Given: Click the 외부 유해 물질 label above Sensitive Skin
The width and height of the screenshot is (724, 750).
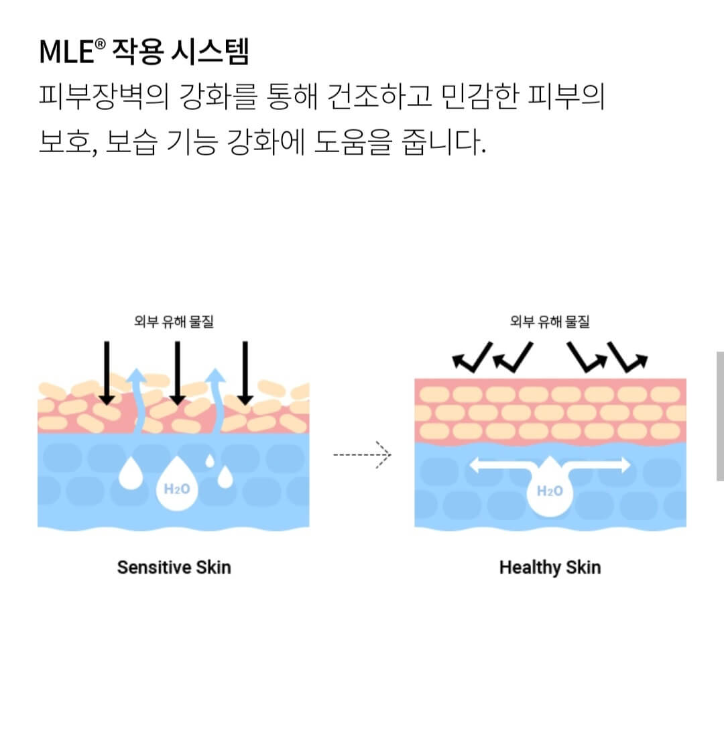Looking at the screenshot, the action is click(x=174, y=322).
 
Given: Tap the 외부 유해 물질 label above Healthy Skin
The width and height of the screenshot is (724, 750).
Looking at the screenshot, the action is click(x=550, y=322).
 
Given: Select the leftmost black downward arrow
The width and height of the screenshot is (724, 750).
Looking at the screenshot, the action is click(x=106, y=373).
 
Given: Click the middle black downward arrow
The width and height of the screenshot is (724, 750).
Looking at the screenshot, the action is click(x=177, y=373).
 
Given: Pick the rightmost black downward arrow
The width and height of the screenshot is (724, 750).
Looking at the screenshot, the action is click(x=245, y=373).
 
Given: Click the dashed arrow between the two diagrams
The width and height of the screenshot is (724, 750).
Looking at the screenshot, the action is click(x=362, y=455).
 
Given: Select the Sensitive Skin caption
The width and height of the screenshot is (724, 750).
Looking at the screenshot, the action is click(x=174, y=567).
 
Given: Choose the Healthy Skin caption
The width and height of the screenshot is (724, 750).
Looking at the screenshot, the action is click(x=550, y=567).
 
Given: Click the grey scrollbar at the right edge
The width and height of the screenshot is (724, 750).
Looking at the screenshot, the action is click(x=719, y=416).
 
